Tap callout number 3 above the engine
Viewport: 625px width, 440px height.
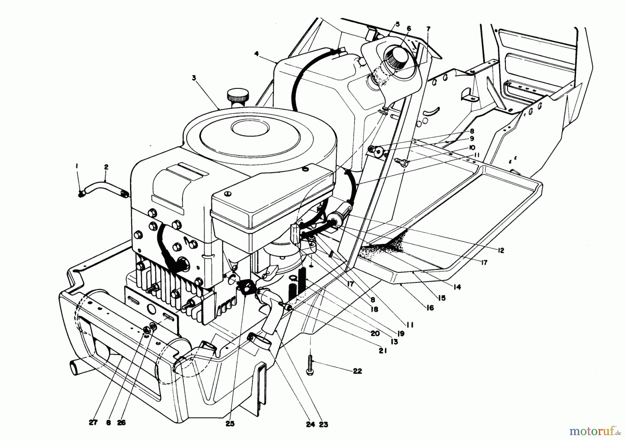tap(194, 78)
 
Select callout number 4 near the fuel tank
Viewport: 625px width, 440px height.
tap(256, 54)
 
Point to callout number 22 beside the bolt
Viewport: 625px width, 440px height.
tap(357, 371)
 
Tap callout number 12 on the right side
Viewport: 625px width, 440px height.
tap(500, 250)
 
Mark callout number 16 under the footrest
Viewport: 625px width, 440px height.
tap(430, 307)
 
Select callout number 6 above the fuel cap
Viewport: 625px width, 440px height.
tap(409, 28)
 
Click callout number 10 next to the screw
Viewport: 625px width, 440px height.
tap(472, 147)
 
